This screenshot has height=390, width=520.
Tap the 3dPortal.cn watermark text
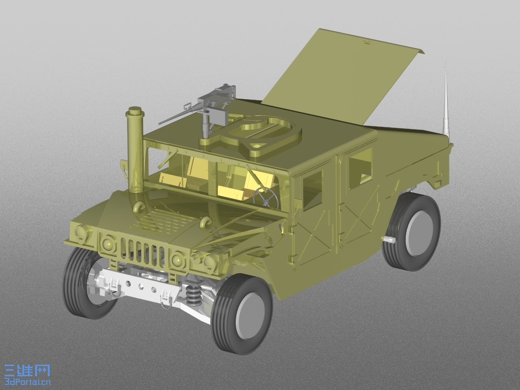click(27, 382)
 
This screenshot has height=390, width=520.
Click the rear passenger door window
click(361, 169)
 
